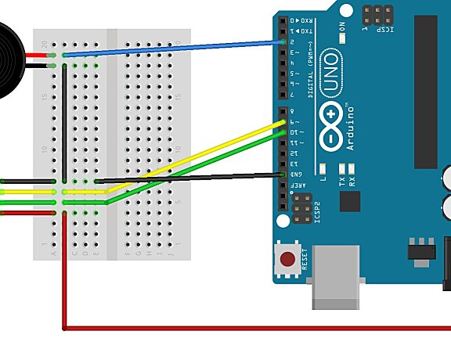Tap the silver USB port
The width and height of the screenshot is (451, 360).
[x=335, y=278]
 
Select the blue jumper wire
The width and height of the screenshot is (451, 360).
[x=172, y=49]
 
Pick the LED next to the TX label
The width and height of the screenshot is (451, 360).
[x=342, y=168]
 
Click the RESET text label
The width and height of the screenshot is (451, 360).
[x=305, y=259]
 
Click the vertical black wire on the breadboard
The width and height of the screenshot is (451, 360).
[x=63, y=125]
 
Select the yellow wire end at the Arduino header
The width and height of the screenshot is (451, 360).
[x=283, y=122]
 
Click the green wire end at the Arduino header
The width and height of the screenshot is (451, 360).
[x=283, y=133]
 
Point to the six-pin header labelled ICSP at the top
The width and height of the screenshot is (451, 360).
[x=378, y=14]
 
